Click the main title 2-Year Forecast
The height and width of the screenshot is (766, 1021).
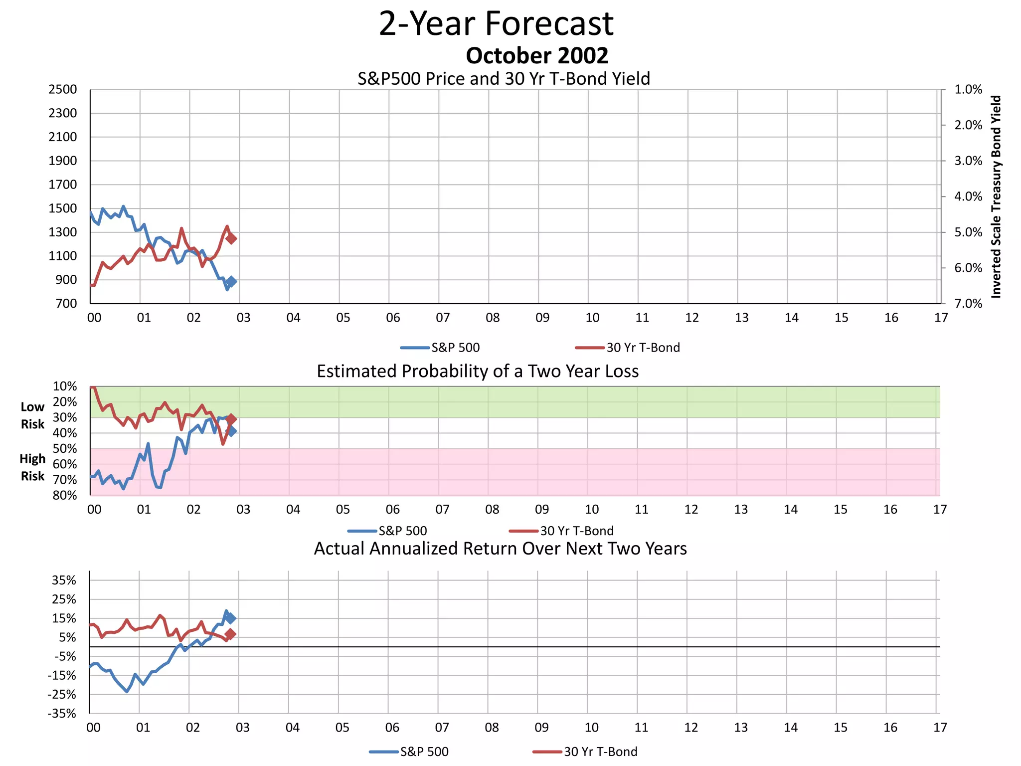point(496,23)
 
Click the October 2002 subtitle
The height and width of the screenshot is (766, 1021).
point(537,55)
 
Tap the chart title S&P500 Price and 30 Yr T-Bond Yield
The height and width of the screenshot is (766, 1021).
point(504,79)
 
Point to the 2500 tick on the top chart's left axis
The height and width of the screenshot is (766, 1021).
point(63,90)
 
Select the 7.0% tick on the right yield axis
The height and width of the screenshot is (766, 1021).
point(968,304)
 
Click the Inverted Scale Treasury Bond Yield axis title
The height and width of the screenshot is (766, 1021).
point(996,196)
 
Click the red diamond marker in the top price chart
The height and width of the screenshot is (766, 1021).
point(231,238)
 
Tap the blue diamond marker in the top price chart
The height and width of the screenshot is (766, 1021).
point(231,282)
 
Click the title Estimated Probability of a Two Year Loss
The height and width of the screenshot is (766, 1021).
point(478,372)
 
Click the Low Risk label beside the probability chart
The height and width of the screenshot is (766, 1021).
point(32,415)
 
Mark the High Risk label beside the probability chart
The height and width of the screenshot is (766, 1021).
point(32,467)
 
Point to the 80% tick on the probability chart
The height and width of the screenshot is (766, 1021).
point(65,495)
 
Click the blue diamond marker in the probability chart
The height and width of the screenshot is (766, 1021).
point(231,431)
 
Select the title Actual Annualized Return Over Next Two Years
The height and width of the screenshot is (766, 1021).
point(500,549)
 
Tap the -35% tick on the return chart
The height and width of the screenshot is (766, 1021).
point(62,714)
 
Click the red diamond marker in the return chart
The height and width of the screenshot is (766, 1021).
point(230,634)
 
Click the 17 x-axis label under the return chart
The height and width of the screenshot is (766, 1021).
point(940,728)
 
